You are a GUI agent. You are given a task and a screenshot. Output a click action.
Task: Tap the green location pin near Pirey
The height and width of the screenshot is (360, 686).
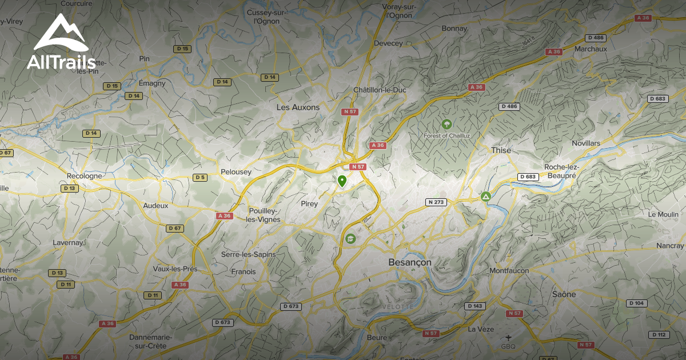click(342, 182)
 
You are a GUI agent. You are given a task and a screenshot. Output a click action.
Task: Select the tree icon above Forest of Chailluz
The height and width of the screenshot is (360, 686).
click(446, 124)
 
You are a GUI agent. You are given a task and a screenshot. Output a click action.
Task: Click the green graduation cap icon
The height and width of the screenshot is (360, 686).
click(349, 238)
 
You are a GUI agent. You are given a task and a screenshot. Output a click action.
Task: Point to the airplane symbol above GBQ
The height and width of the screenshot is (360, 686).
click(508, 337)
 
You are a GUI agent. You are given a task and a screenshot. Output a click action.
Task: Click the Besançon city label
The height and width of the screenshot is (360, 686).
click(410, 262)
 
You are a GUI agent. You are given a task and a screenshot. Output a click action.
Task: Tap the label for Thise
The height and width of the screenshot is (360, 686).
click(501, 150)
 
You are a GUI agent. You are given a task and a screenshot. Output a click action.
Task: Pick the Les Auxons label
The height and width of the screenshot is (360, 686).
click(298, 107)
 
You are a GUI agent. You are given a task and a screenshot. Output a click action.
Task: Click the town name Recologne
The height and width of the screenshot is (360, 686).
click(84, 176)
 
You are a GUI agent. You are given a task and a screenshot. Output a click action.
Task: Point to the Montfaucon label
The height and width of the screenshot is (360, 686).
click(509, 270)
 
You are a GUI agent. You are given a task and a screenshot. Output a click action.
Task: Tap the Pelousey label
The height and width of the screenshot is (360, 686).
click(236, 172)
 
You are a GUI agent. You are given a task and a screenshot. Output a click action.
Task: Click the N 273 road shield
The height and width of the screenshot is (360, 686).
click(436, 202)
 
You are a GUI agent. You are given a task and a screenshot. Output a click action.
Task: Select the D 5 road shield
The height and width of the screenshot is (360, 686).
click(200, 178)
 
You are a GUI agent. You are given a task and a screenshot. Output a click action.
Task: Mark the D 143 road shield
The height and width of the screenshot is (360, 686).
click(474, 306)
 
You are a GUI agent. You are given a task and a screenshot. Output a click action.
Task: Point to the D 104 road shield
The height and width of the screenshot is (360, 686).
click(637, 303)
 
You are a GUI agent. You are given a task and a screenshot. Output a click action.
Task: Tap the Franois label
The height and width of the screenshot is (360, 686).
click(244, 272)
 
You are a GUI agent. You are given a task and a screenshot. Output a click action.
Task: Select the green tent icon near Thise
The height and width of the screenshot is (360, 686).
click(485, 197)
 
